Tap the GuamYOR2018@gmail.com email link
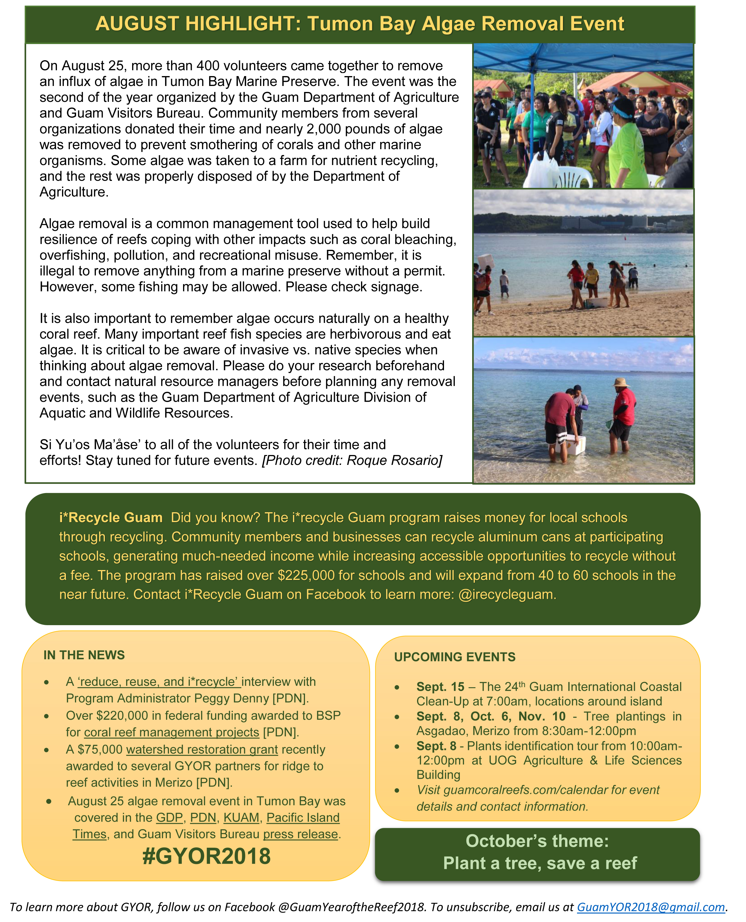coord(651,907)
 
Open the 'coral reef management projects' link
coord(171,732)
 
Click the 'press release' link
coord(300,834)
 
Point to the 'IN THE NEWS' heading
coord(84,655)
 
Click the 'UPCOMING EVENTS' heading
coord(455,657)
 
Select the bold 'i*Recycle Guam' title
coord(111,517)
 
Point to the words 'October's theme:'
coord(537,841)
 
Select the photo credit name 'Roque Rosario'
coord(394,460)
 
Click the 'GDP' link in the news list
coord(169,817)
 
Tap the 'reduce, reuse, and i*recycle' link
coord(158,682)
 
